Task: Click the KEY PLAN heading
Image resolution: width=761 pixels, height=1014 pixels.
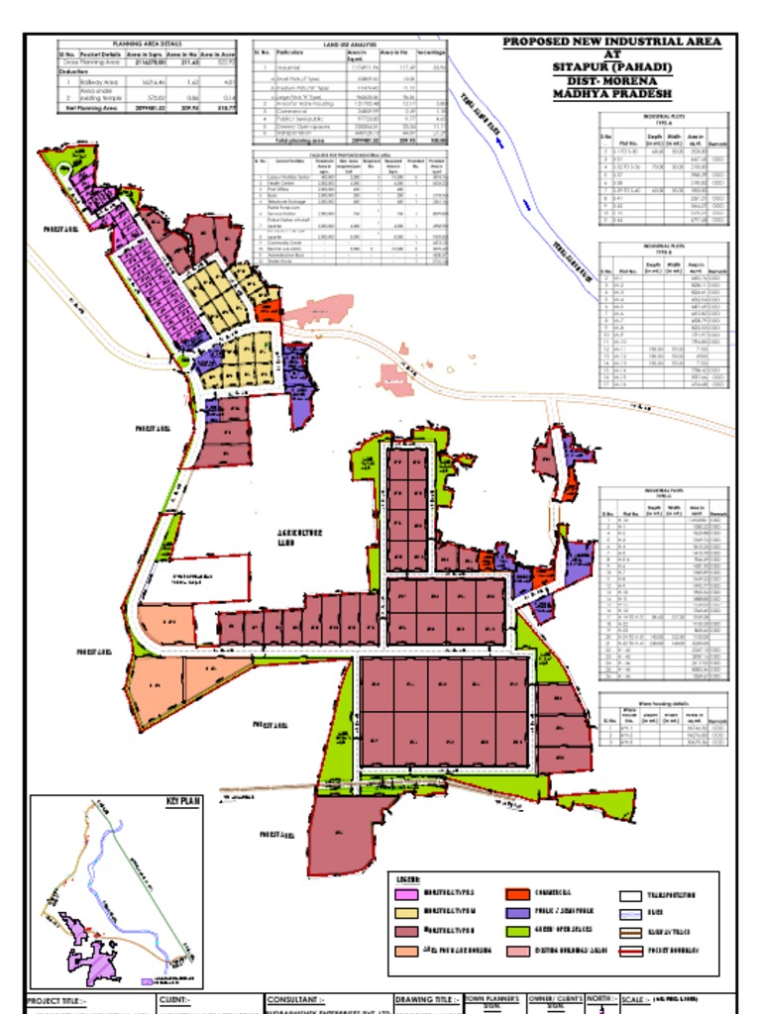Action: click(183, 799)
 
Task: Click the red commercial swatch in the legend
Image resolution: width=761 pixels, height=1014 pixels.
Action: click(520, 894)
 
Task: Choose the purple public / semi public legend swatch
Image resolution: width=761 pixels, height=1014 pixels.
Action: click(520, 913)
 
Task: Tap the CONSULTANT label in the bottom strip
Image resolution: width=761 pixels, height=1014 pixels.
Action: click(296, 1000)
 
